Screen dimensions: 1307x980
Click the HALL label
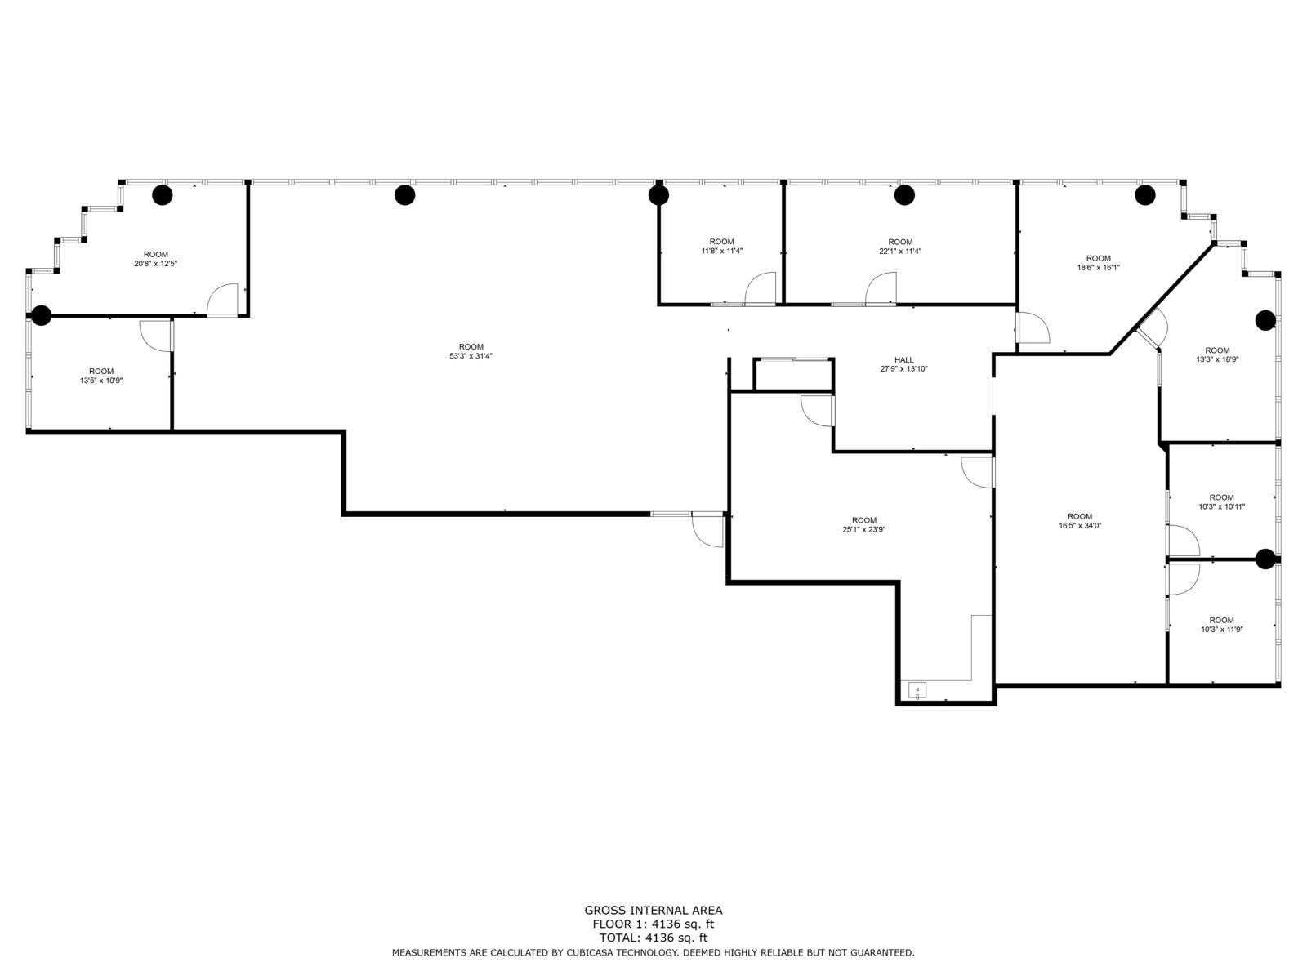tap(903, 359)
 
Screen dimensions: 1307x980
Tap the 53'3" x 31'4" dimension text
tap(471, 356)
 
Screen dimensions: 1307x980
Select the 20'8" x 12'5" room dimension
tap(155, 263)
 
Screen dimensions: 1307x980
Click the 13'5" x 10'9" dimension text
tap(101, 381)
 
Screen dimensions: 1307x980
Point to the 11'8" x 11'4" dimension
tap(721, 251)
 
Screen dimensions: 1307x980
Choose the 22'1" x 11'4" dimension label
tap(899, 251)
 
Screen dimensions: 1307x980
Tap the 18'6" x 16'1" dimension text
tap(1098, 267)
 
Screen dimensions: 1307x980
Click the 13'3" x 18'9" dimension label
tap(1217, 359)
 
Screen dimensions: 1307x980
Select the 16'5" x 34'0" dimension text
tap(1080, 525)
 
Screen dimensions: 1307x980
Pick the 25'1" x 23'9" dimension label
tap(863, 529)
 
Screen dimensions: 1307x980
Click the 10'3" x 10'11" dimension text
tap(1221, 506)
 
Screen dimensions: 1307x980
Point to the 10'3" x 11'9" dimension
tap(1221, 629)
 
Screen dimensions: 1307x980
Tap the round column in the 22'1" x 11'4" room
tap(904, 194)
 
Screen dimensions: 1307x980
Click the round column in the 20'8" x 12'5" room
tap(162, 194)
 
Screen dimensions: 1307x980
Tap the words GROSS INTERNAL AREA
tap(653, 910)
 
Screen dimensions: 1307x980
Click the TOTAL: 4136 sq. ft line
tap(653, 938)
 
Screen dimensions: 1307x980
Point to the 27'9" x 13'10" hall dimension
tap(903, 369)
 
